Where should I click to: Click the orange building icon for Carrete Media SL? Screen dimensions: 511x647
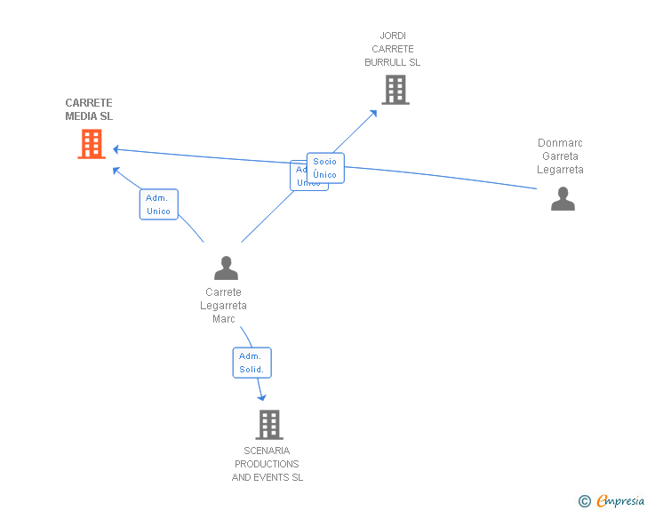[92, 144]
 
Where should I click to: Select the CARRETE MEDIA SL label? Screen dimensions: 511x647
[89, 109]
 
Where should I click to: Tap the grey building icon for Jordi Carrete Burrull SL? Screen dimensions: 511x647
[395, 90]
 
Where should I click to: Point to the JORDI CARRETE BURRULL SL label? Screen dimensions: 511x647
[392, 49]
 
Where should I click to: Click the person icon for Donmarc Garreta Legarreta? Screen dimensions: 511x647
[563, 199]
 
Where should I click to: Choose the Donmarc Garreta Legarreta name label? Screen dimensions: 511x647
[560, 156]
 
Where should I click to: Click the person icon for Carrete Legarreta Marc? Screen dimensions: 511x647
[226, 267]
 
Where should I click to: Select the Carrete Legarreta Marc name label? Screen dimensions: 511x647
[223, 306]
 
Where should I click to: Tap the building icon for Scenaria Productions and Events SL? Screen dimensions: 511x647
[269, 425]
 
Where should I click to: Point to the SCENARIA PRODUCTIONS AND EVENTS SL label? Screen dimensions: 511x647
[268, 464]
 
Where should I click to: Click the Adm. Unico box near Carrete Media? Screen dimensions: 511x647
[158, 204]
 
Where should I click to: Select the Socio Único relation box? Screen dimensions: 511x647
[325, 168]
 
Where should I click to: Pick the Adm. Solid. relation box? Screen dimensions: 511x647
[252, 363]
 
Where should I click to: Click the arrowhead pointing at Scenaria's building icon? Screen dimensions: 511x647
[262, 397]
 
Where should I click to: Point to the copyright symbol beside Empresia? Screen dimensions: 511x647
[584, 502]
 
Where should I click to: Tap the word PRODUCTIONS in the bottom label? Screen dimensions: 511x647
[267, 464]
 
